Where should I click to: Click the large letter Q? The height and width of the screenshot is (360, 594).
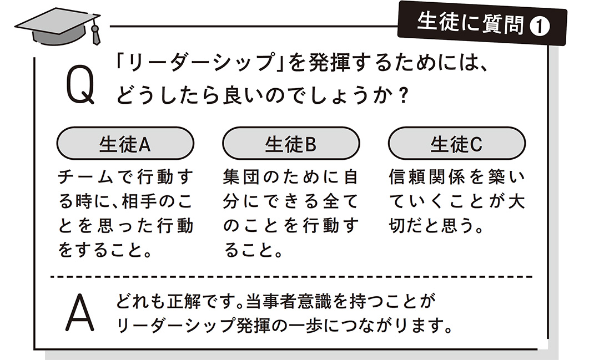tap(80, 84)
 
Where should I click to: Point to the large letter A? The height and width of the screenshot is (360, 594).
tap(79, 312)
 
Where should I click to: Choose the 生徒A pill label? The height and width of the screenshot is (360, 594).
tap(125, 144)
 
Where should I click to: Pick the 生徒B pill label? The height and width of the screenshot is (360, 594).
tap(290, 144)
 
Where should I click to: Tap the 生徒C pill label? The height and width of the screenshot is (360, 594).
tap(456, 144)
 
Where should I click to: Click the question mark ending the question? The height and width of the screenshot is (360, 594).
tap(403, 95)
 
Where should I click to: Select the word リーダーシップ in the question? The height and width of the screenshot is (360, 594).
tap(201, 63)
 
